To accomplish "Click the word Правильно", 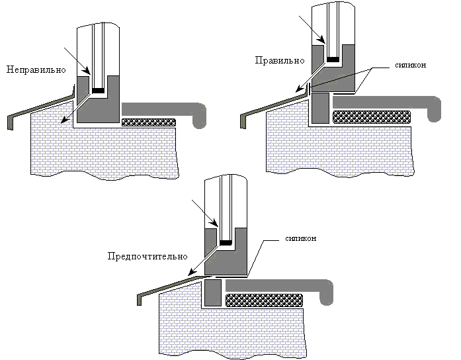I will pos(279,60).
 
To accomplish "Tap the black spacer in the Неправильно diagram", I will pos(99,90).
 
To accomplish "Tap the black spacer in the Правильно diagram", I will pos(333,59).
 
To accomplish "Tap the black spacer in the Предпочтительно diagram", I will pos(226,244).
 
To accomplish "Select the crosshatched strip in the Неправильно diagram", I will pos(149,122).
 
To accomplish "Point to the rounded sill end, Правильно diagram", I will pos(434,109).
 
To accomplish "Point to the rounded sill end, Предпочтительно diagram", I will pos(328,291).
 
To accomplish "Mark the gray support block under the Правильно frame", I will pos(320,108).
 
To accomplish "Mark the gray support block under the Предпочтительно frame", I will pos(212,292).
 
